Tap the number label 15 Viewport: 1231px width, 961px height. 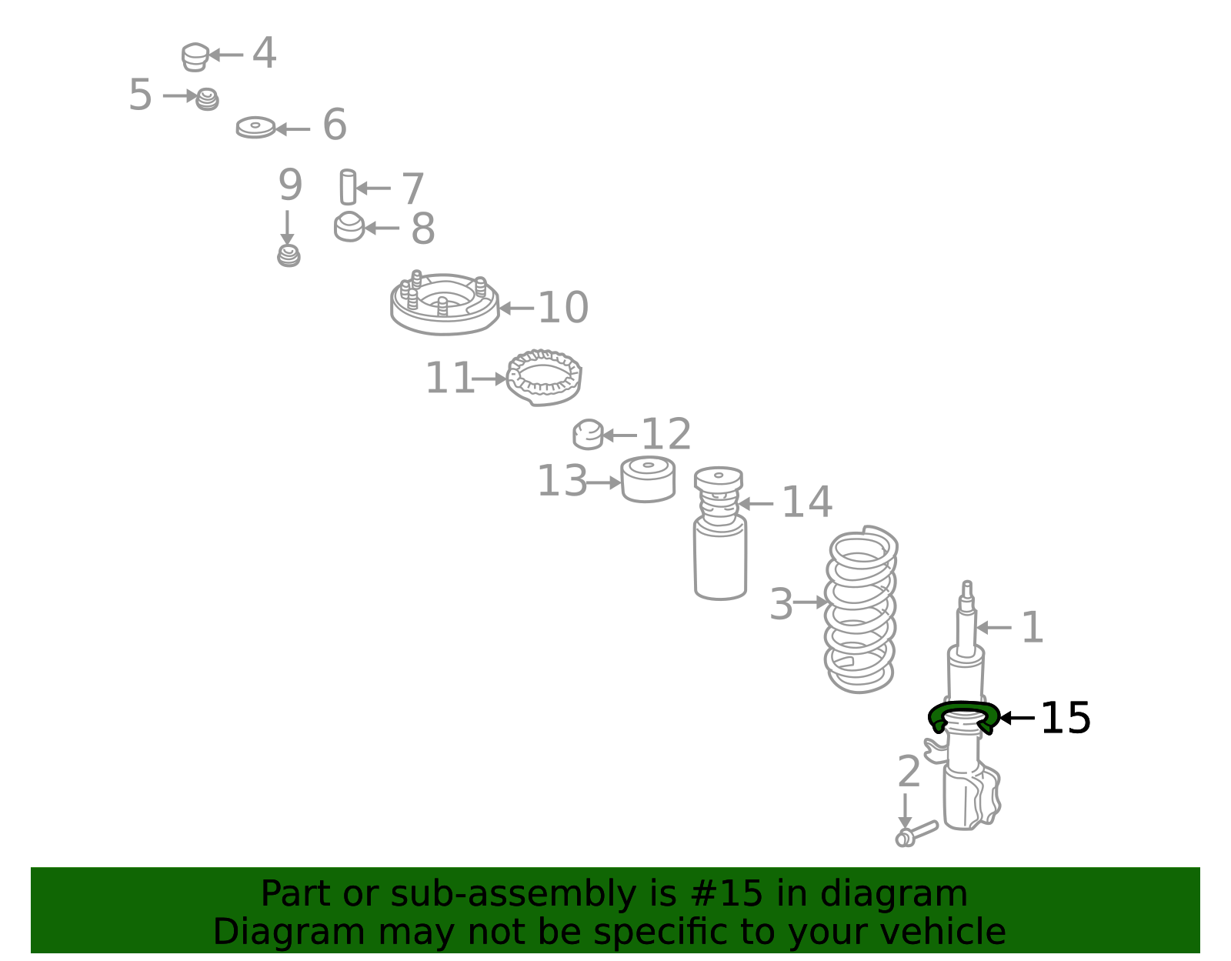[x=1066, y=718]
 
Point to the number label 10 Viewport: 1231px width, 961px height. [x=563, y=308]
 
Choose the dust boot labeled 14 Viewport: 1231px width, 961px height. [x=720, y=533]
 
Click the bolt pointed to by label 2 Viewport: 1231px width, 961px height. [x=916, y=833]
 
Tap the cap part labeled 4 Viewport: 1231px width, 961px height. [x=195, y=57]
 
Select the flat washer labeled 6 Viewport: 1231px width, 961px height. [x=255, y=128]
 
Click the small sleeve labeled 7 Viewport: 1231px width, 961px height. [x=348, y=187]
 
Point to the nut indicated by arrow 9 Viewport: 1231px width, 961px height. [x=289, y=256]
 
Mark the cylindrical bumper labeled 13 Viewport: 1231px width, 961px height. [x=648, y=479]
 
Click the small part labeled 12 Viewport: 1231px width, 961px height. [x=588, y=435]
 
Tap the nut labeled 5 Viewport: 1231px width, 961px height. [x=207, y=99]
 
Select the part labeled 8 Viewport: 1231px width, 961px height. [x=349, y=226]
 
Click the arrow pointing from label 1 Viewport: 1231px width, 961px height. [x=993, y=627]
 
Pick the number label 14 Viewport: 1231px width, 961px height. [x=807, y=502]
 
